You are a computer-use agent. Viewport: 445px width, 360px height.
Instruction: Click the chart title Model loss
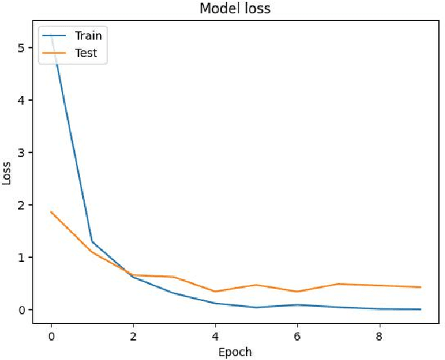[236, 9]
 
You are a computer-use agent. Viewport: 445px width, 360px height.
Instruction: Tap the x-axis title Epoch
[236, 352]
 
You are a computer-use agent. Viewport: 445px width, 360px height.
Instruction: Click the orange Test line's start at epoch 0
[51, 212]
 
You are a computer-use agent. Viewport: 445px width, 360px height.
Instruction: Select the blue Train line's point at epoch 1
[92, 242]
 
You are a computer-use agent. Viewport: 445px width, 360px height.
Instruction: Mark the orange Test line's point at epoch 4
[216, 291]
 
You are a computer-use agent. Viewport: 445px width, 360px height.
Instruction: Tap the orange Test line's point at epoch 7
[339, 284]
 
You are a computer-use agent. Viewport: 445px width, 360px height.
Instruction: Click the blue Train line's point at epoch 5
[257, 307]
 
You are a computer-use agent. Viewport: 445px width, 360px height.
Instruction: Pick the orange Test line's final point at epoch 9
[421, 287]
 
